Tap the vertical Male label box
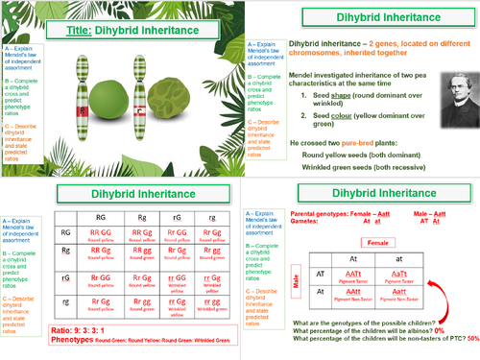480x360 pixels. coord(297,280)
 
